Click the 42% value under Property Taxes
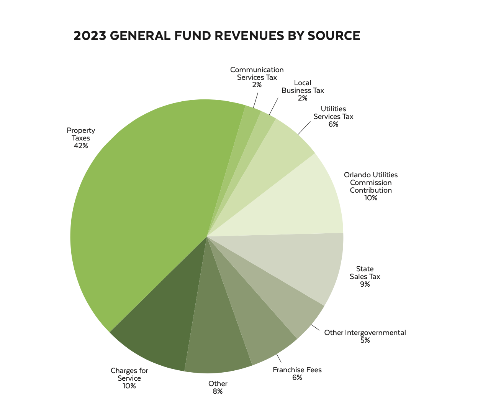click(81, 146)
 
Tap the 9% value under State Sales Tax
click(365, 284)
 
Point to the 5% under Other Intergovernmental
click(365, 340)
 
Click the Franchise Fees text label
click(297, 370)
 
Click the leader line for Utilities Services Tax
click(305, 128)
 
